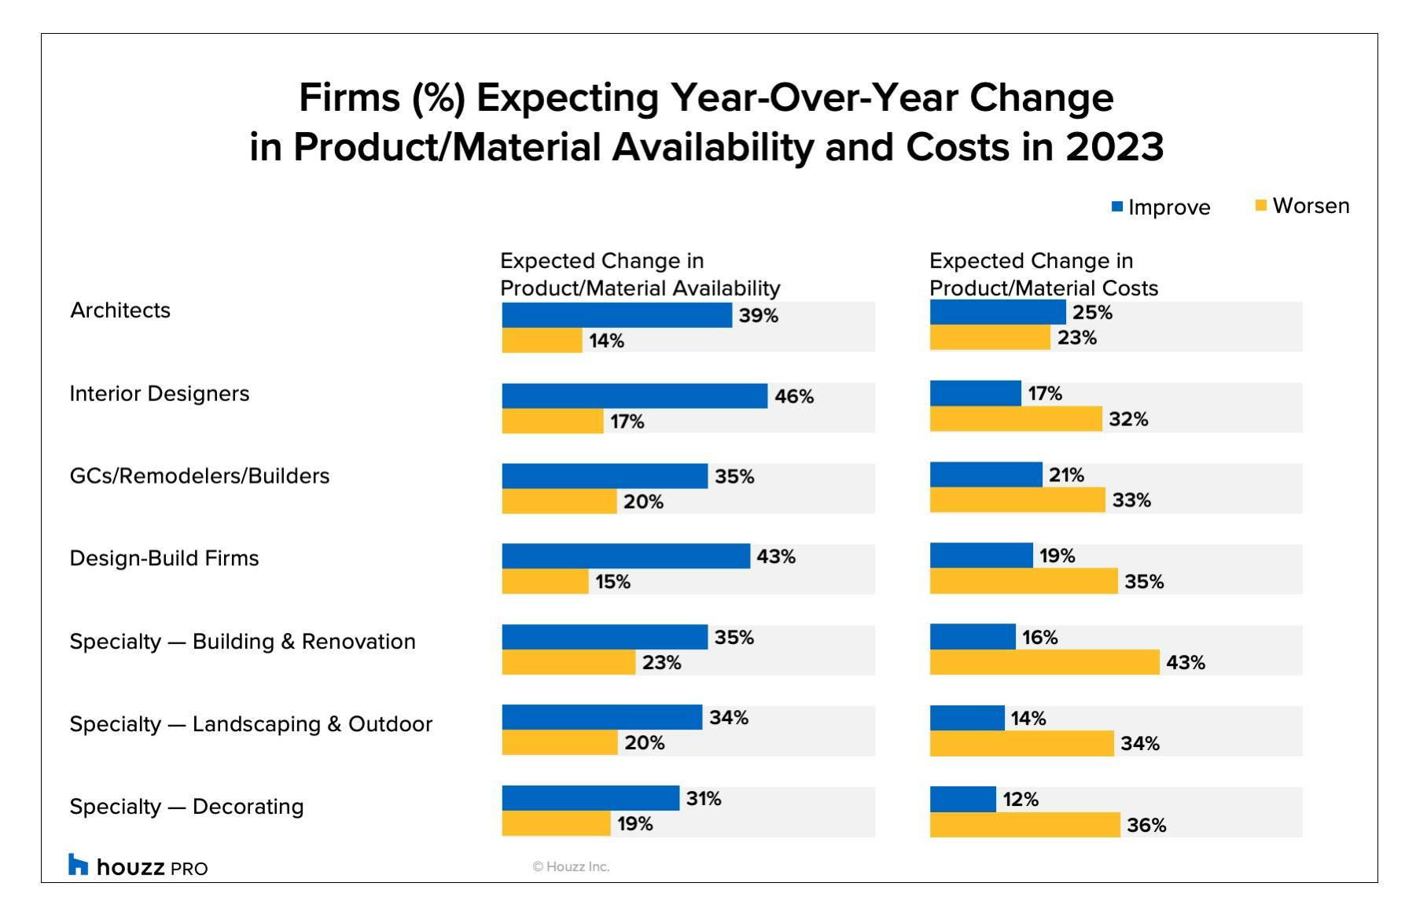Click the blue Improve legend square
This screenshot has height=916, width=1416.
[1117, 207]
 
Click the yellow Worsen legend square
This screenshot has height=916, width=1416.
[1261, 206]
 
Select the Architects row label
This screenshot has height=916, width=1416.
[120, 311]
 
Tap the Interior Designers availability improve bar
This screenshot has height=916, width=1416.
[634, 395]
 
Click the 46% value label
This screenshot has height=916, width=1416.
[794, 396]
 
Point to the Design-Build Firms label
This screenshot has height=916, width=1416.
[164, 558]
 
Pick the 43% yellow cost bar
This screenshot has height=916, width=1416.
[1044, 662]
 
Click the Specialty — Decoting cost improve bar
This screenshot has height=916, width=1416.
[963, 799]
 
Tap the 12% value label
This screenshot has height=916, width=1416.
[1021, 800]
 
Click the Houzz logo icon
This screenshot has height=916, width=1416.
[78, 864]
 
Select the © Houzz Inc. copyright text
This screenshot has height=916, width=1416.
[571, 866]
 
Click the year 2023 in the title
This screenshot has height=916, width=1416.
[1114, 147]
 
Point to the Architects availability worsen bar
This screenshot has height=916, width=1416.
[542, 340]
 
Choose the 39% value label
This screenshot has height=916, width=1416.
[758, 315]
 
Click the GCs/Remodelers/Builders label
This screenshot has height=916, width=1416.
[200, 476]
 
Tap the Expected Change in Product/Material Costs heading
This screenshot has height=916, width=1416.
[1043, 274]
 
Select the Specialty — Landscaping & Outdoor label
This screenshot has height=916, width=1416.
[251, 724]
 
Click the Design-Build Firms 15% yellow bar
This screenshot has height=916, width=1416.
[545, 581]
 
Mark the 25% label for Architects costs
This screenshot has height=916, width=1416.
[1092, 312]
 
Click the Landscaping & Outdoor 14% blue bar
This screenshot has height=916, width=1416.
[967, 718]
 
